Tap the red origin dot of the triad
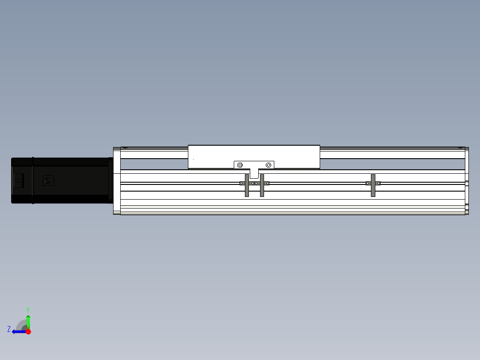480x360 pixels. click(28, 331)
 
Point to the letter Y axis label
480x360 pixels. click(28, 309)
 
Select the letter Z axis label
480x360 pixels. click(9, 329)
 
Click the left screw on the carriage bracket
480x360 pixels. click(240, 165)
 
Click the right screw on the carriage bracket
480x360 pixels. click(268, 165)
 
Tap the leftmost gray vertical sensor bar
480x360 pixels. click(247, 185)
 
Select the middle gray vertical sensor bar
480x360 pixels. click(262, 185)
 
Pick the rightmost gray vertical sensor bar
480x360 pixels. click(373, 185)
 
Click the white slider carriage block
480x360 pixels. click(254, 154)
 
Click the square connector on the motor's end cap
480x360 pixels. click(18, 180)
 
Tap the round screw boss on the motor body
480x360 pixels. click(48, 180)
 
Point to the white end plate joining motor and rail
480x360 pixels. click(117, 180)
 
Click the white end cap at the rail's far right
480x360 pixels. click(467, 180)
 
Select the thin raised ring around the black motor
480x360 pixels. click(33, 180)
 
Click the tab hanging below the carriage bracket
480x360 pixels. click(254, 173)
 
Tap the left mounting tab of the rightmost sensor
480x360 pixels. click(368, 183)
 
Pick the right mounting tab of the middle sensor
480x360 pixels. click(267, 183)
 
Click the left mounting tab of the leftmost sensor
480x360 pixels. click(242, 183)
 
